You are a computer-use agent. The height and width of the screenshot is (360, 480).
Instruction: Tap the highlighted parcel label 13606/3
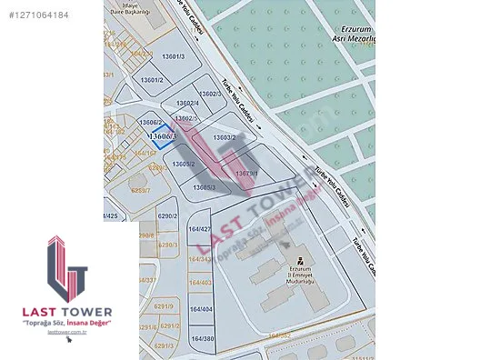pos(163,135)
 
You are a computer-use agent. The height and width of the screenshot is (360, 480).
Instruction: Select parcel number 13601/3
pos(173,57)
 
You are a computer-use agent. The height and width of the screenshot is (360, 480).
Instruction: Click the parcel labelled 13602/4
pos(187,102)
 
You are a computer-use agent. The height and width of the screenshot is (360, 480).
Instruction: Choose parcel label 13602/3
pos(209,93)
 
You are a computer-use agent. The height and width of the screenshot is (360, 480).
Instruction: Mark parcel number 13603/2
pos(225,137)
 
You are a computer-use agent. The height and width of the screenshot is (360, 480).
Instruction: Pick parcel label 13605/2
pos(184,164)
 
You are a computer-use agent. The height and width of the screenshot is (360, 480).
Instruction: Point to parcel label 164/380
pos(202,339)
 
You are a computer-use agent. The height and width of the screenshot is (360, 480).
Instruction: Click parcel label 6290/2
pos(167,215)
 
